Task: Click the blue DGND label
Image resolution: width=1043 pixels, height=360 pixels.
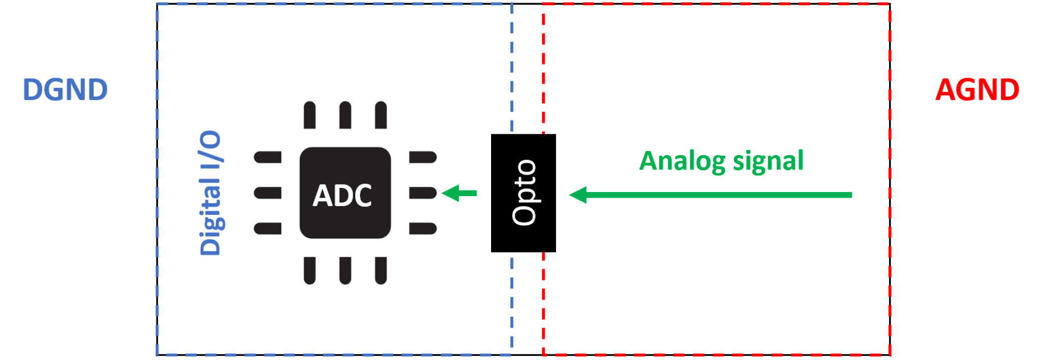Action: (x=65, y=90)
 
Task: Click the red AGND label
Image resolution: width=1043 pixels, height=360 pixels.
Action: (x=976, y=90)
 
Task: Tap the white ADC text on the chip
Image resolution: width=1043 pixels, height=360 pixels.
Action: (x=342, y=196)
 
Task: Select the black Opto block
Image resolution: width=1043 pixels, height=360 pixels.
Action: (x=523, y=193)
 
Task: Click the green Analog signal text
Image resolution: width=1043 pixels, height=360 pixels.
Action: (x=721, y=161)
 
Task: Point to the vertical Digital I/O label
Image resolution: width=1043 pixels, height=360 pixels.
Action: (x=211, y=193)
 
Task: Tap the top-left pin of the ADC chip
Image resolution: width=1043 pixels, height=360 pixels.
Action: (x=310, y=115)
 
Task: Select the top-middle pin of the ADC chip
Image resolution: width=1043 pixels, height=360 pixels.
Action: (x=345, y=115)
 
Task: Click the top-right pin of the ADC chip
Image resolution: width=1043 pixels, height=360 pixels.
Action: (x=381, y=115)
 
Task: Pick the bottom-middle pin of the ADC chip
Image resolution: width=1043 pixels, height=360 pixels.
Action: (x=345, y=270)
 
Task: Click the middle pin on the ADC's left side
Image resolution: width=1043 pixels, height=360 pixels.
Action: (x=267, y=193)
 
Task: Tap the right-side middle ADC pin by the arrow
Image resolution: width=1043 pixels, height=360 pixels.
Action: (x=422, y=193)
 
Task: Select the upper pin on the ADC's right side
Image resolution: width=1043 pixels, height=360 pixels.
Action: (x=422, y=157)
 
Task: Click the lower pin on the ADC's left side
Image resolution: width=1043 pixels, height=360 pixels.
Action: (x=267, y=228)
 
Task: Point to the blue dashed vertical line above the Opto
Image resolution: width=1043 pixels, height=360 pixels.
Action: (x=512, y=68)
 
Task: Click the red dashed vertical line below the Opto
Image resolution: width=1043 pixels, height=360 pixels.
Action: (x=544, y=302)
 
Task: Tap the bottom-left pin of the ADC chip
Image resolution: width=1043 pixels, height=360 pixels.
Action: (x=310, y=270)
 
